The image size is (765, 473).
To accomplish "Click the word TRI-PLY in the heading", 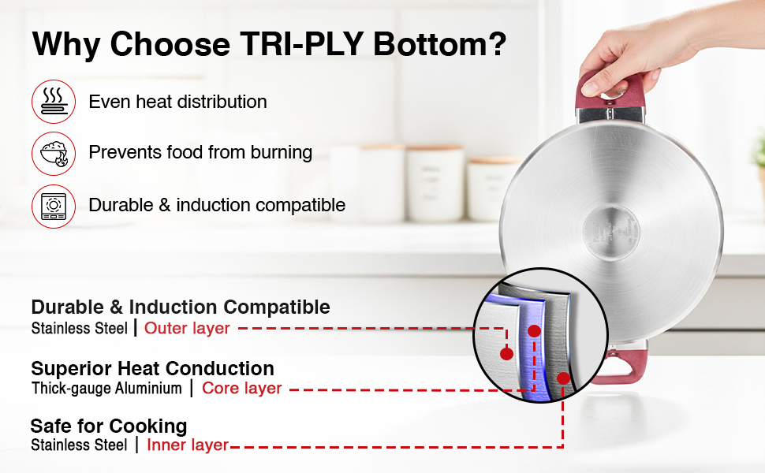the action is point(301,44).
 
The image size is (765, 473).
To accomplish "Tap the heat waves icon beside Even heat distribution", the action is point(54,102).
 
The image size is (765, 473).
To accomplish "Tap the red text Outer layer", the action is point(187,328).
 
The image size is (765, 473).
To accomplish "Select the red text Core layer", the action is point(242,388).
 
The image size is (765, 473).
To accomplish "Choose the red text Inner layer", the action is point(188,445).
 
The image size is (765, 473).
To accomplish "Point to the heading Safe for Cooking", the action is point(109,426).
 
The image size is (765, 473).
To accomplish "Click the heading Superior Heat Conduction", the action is point(153,369).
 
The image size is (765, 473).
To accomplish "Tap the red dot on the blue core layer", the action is point(534,331).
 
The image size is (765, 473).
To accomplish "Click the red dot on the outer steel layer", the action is point(506,353).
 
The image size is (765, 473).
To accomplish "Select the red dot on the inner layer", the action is point(564,378).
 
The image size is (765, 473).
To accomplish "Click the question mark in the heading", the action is point(497,44).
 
